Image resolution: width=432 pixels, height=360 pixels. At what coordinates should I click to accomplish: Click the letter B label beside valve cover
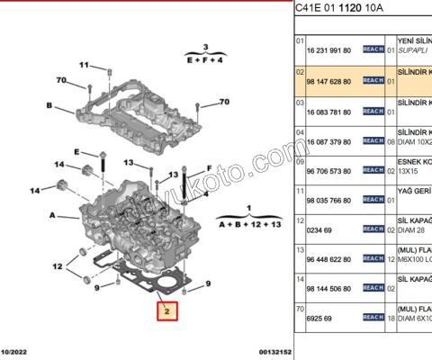pos(49,105)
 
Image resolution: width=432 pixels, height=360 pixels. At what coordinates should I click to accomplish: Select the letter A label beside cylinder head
pos(53,215)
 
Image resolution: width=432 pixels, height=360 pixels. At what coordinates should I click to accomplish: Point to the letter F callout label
pos(209,167)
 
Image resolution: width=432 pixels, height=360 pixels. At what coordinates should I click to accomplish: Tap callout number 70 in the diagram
pos(62,81)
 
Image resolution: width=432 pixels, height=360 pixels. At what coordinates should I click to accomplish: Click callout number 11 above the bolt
pos(85,65)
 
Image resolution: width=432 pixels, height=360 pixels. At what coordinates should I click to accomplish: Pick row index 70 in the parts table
pos(301,308)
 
